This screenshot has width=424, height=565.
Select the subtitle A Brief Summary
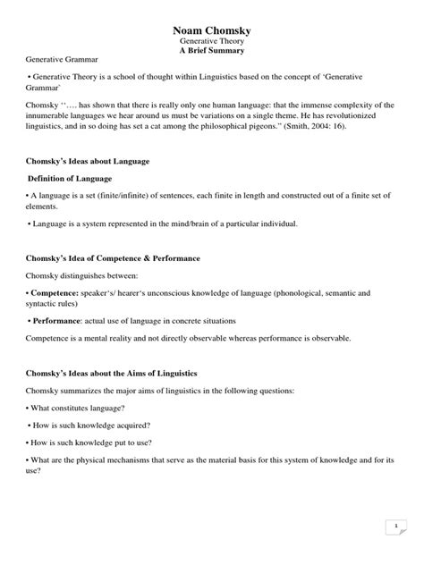pos(212,52)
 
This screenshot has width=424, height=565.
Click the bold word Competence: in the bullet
pos(55,292)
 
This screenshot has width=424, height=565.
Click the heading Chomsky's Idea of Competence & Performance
pos(112,257)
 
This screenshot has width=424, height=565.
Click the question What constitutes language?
pos(76,407)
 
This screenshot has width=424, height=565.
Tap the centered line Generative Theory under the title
pos(212,41)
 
